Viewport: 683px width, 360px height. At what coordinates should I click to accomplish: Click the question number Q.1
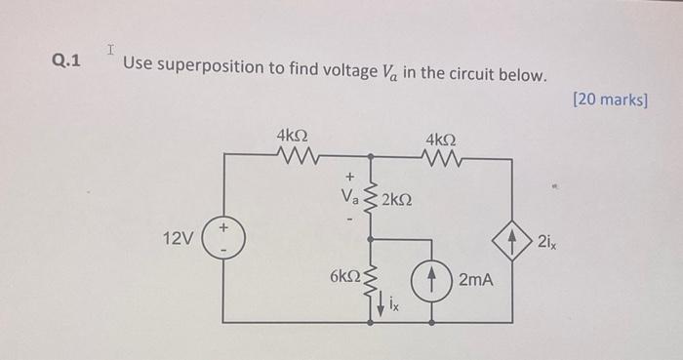(66, 62)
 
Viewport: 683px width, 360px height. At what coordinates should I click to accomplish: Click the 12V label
(180, 239)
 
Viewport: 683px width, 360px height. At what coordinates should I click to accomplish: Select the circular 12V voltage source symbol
(224, 238)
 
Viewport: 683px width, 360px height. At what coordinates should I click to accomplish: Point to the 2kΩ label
(396, 200)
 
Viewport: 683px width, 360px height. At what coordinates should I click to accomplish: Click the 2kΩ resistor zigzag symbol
(370, 200)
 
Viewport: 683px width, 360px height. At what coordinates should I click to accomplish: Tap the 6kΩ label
(344, 277)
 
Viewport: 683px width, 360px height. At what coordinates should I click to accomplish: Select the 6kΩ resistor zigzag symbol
(370, 277)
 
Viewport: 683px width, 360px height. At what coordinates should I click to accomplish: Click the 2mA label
(475, 280)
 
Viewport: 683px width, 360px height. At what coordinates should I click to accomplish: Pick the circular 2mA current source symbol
(429, 280)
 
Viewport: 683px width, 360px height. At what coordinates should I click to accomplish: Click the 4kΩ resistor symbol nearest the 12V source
(294, 155)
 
